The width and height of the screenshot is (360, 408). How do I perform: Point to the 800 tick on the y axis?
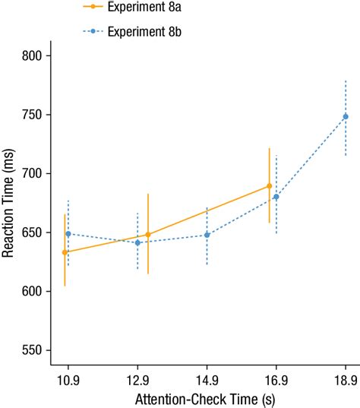(x=37, y=55)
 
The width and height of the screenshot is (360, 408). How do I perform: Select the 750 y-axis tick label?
(x=37, y=115)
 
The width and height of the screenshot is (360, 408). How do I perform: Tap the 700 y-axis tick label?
(x=37, y=173)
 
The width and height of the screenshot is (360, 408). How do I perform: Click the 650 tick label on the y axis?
(x=37, y=232)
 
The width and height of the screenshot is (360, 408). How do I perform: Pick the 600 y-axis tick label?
(x=37, y=291)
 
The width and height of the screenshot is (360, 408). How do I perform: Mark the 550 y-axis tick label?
(x=37, y=350)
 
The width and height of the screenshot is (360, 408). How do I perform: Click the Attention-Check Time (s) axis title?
(x=206, y=399)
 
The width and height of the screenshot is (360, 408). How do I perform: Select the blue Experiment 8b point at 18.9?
(x=346, y=117)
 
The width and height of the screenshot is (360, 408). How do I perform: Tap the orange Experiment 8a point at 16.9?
(x=269, y=186)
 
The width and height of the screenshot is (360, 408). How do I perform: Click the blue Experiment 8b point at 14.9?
(x=207, y=235)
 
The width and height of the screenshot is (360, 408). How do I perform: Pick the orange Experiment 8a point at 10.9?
(x=65, y=252)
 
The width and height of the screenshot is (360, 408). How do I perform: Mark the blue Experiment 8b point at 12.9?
(x=137, y=243)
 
